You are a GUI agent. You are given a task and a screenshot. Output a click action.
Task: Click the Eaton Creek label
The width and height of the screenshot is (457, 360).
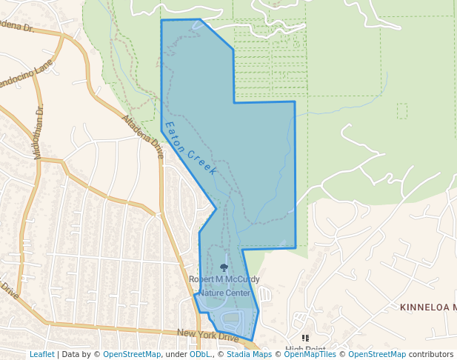(190, 149)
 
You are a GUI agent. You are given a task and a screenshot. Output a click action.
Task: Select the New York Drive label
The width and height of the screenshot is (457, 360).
(208, 336)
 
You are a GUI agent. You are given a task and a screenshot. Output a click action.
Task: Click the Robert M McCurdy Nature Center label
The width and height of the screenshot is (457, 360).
(224, 286)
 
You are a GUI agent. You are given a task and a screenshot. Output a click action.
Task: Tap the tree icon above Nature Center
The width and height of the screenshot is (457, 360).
(224, 267)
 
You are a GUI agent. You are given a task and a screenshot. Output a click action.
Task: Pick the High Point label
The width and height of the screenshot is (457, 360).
(305, 350)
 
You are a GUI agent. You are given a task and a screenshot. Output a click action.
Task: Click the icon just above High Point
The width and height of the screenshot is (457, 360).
(305, 338)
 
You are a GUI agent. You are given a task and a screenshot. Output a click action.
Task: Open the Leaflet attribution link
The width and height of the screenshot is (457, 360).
(41, 354)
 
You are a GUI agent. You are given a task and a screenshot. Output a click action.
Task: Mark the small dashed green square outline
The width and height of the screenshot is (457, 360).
(402, 111)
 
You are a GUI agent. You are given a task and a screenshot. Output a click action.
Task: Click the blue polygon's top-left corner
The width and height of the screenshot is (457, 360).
(161, 21)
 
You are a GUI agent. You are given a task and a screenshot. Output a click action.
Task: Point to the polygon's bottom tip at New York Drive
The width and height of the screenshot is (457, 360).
(252, 341)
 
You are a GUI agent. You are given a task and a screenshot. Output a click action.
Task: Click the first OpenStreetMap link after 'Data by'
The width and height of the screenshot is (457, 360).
(131, 354)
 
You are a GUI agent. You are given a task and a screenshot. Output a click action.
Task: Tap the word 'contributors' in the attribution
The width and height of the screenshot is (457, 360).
(431, 354)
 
